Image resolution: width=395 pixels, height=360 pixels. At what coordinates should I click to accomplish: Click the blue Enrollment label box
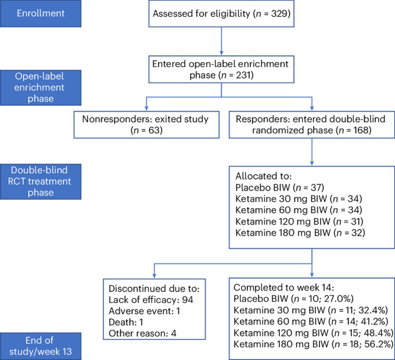coord(41,13)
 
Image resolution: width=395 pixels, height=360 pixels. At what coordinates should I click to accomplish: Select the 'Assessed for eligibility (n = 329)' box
coord(221,13)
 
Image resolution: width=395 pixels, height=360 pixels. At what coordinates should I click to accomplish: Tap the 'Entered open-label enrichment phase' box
coord(221,69)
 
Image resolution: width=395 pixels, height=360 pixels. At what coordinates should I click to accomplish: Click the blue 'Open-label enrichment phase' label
coord(41,88)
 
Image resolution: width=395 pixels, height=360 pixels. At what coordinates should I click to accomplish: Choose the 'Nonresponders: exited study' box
coord(146,124)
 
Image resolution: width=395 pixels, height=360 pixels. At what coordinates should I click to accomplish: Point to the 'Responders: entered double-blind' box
coord(312,124)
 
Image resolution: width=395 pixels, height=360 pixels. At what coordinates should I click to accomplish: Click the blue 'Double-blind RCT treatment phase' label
coord(41,181)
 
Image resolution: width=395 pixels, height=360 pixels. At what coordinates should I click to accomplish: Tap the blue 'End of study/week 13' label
coord(41,346)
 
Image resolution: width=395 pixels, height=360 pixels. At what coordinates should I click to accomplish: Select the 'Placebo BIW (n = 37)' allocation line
coord(279,187)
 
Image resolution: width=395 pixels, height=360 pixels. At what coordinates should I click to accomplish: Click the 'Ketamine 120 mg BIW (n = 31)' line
coord(299,221)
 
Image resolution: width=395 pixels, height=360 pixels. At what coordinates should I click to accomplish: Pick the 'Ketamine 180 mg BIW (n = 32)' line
coord(300,233)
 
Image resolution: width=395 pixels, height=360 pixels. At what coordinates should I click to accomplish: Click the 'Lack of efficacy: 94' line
coord(151,300)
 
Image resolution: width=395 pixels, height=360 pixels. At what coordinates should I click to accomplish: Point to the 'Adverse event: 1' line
coord(144,311)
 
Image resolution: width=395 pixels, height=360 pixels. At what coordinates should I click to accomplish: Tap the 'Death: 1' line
coord(125,322)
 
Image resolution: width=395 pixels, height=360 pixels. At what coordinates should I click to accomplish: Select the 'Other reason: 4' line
coord(142,333)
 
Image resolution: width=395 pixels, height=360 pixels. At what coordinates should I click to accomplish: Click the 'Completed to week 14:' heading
coord(283,287)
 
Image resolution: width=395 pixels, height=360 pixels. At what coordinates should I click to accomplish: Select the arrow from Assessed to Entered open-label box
coord(221,41)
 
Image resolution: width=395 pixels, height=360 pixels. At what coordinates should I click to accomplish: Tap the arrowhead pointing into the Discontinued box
coord(154,276)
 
